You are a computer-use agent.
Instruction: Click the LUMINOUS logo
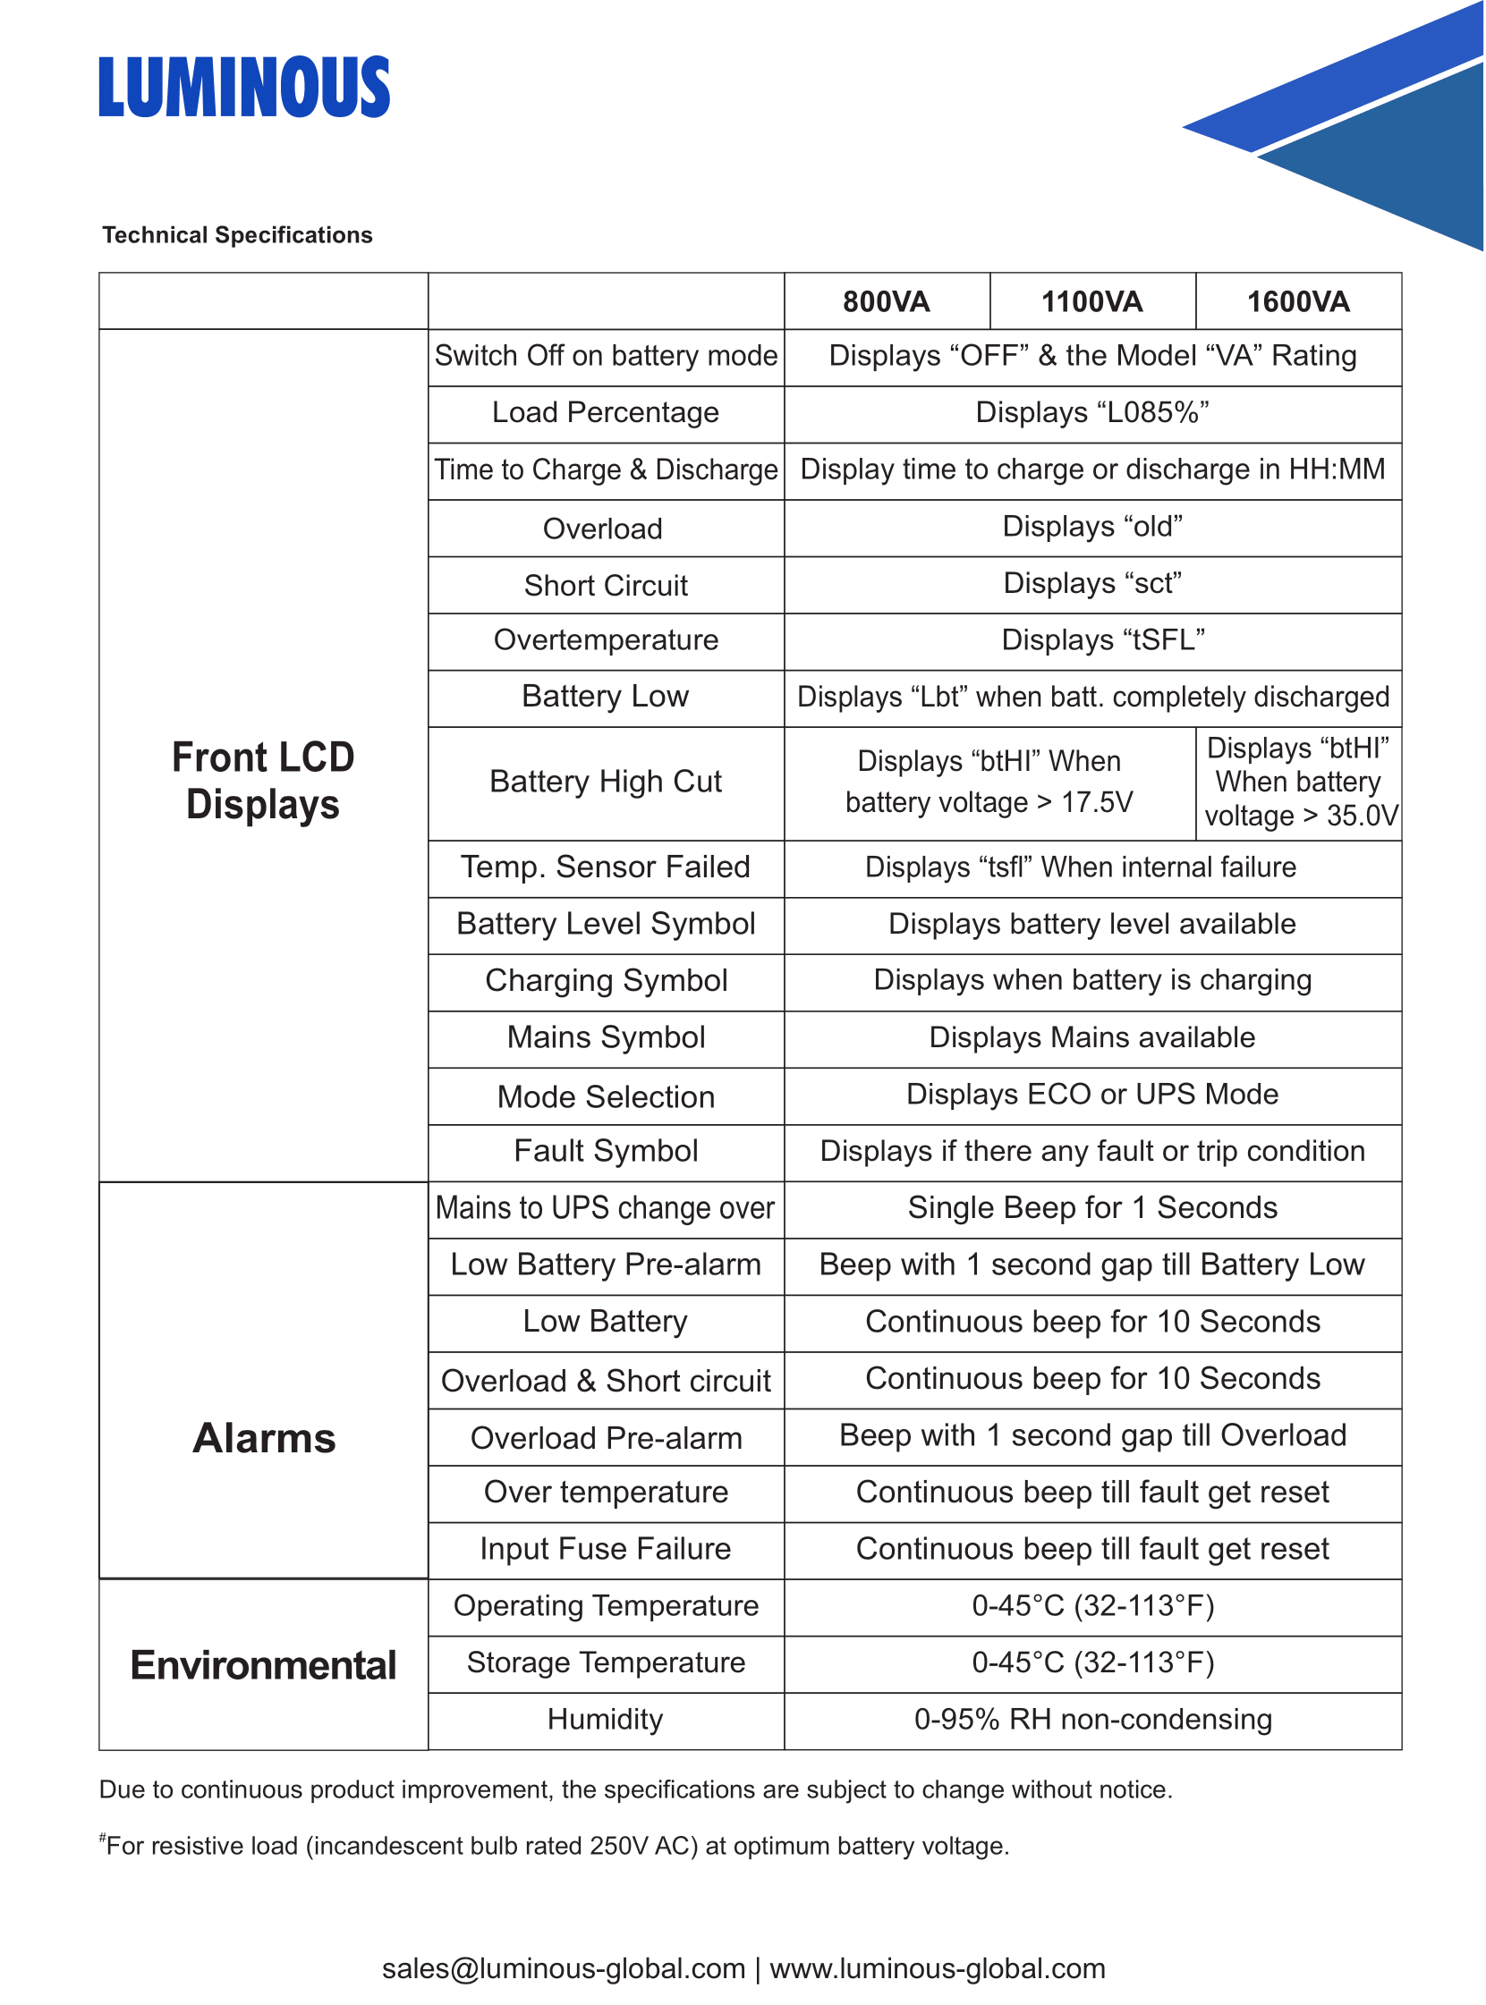[243, 88]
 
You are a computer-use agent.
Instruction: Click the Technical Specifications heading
[237, 234]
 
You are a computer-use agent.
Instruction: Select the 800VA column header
[886, 301]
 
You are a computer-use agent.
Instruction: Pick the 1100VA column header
[1092, 301]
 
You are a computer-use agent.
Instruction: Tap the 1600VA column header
[1298, 301]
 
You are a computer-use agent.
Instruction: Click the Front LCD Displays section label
[263, 781]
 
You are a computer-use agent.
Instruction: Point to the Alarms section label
[264, 1438]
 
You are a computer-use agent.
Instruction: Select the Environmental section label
[263, 1665]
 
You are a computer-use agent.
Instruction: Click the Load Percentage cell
[606, 412]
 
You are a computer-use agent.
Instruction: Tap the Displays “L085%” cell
[1092, 412]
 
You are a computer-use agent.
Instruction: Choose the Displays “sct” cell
[1092, 583]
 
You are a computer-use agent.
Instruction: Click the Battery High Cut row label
[606, 782]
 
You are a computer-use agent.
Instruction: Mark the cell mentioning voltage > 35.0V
[1298, 782]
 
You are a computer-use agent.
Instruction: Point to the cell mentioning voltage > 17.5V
[989, 782]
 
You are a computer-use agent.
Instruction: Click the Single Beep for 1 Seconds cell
[1092, 1207]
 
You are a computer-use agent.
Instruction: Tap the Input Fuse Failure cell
[606, 1548]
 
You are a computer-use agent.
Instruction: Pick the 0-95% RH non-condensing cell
[1092, 1719]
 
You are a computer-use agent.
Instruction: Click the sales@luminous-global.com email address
[563, 1968]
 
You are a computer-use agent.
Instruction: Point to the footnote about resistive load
[555, 1846]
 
